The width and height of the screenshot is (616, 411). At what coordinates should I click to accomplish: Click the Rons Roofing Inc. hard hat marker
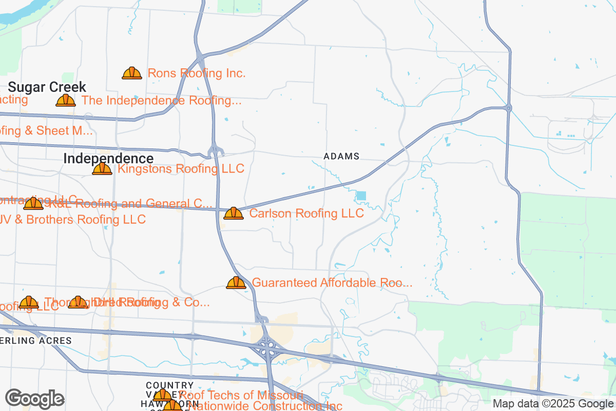[132, 73]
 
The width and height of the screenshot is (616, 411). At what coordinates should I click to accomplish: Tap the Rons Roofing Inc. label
[197, 73]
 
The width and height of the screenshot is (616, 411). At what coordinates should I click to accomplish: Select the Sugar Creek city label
[47, 87]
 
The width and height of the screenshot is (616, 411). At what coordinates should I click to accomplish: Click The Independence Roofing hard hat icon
[66, 101]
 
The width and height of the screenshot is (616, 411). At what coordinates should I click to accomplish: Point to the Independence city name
[108, 159]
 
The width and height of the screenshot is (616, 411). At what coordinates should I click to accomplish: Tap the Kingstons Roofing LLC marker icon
[102, 169]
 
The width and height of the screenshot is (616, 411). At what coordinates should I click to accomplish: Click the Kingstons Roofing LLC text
[181, 169]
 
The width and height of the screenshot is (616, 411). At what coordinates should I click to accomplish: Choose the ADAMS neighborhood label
[341, 156]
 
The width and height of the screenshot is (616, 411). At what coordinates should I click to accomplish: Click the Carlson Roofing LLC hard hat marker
[234, 213]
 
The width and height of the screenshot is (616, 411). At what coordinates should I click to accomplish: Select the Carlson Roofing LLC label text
[306, 213]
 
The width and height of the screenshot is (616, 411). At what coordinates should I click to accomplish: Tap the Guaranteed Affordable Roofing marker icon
[236, 283]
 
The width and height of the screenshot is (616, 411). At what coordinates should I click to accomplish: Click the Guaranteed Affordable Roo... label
[332, 283]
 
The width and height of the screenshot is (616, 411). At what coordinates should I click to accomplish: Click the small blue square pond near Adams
[361, 196]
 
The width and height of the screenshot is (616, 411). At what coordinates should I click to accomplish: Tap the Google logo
[34, 398]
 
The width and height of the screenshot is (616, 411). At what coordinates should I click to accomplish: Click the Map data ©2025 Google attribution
[553, 403]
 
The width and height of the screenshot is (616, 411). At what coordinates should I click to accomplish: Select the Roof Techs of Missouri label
[241, 395]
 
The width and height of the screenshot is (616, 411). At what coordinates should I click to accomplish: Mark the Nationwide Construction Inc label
[264, 406]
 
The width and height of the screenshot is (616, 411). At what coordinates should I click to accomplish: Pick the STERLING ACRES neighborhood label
[36, 341]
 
